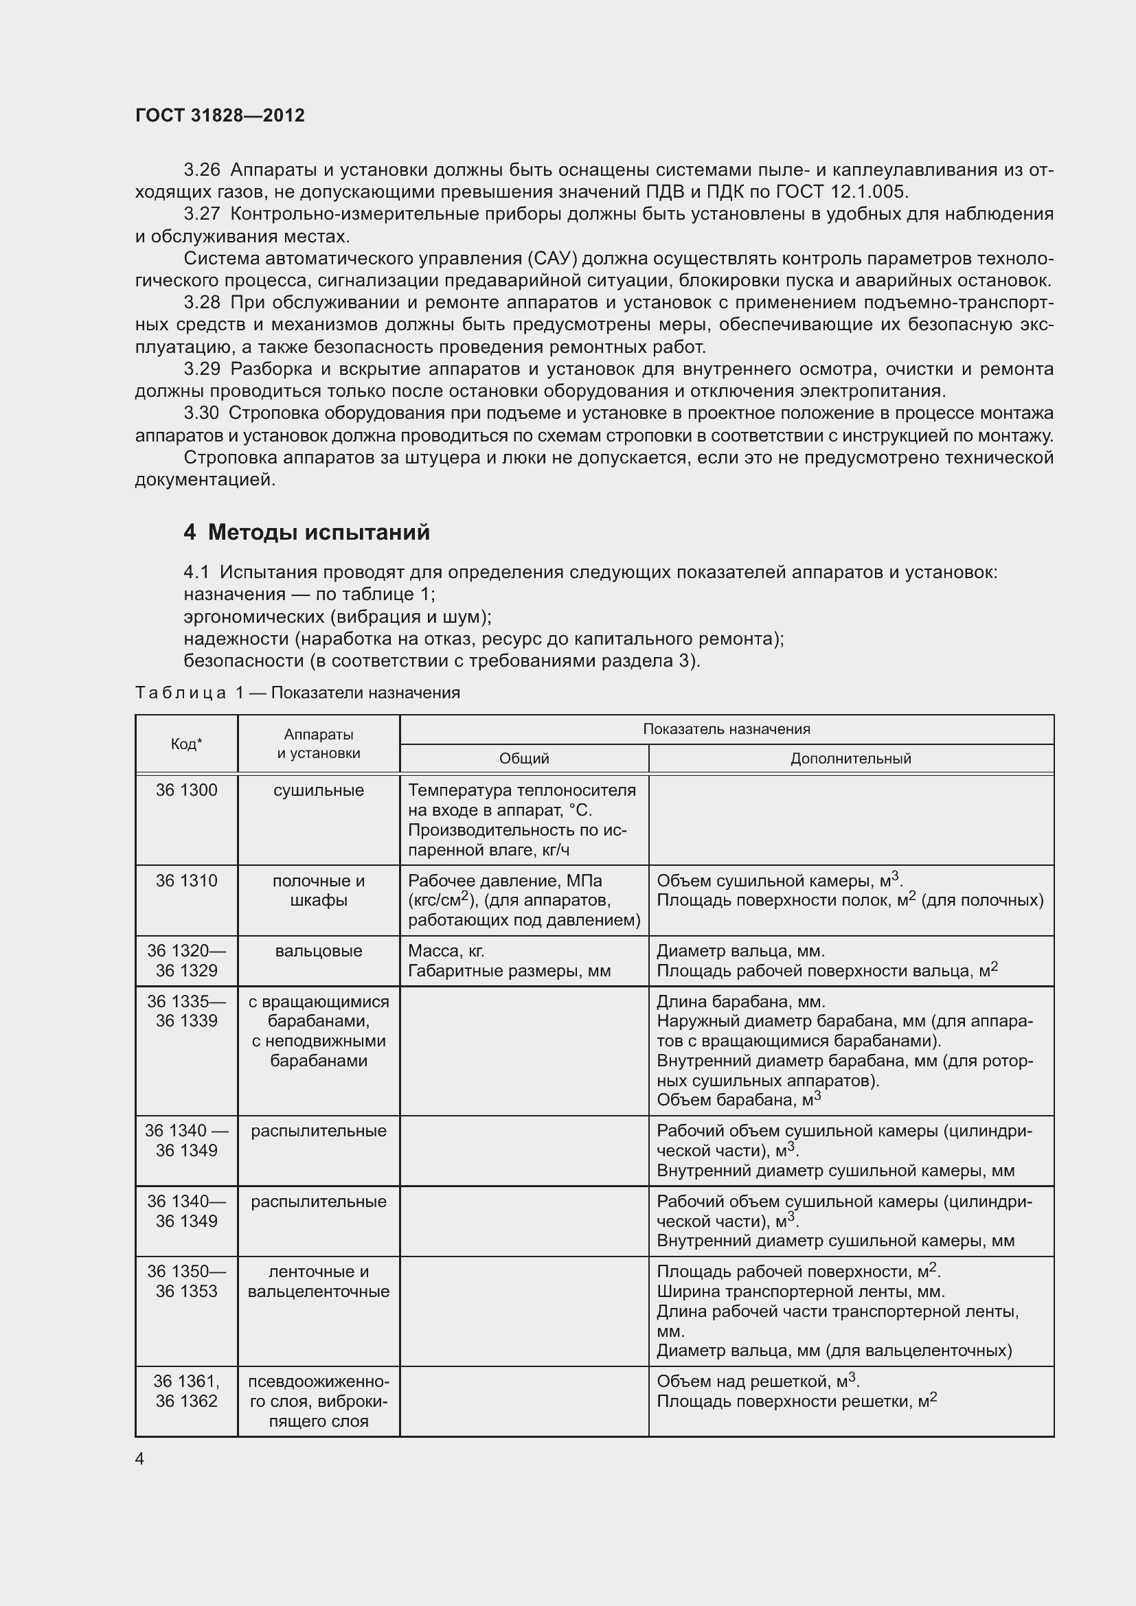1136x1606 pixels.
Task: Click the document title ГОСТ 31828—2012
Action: [220, 115]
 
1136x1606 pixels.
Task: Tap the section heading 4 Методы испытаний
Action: [306, 532]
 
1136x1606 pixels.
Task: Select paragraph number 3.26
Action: [201, 170]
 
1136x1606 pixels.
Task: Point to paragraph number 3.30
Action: [201, 413]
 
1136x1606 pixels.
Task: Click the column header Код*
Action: [186, 744]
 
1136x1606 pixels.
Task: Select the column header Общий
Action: [524, 758]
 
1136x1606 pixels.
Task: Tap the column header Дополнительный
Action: [850, 758]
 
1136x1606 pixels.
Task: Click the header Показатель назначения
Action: [726, 729]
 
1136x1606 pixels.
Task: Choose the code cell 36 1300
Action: [186, 790]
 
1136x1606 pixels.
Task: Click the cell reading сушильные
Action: [318, 790]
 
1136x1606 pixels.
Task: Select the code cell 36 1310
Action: [186, 881]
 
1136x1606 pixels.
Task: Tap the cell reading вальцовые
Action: [318, 950]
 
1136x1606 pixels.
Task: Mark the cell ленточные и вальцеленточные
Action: [318, 1281]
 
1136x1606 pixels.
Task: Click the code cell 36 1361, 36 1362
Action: [186, 1391]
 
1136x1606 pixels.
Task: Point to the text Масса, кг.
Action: [446, 950]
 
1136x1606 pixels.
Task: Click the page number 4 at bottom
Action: [139, 1458]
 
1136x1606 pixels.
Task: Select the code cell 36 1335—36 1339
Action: [186, 1011]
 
